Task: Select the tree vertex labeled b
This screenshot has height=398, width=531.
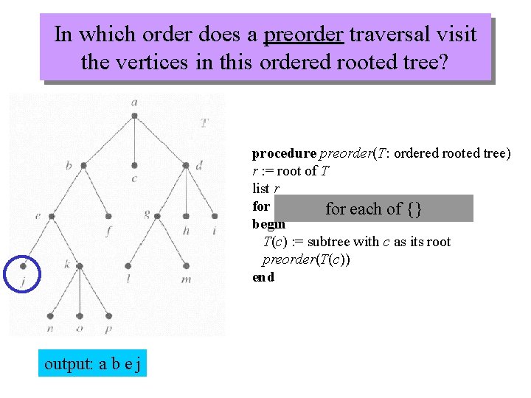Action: coord(83,166)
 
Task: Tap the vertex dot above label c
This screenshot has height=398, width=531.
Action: coord(134,165)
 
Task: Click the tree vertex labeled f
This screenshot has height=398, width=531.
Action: coord(108,216)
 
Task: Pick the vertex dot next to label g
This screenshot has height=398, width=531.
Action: coord(160,216)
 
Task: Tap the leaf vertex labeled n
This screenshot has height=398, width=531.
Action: coord(51,315)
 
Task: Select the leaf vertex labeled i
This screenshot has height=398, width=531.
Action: coord(215,216)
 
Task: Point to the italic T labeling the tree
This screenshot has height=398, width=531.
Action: coord(204,122)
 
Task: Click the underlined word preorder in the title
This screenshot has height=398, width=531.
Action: coord(303,35)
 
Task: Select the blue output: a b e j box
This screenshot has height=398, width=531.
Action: coord(93,363)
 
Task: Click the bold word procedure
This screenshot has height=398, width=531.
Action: coord(284,153)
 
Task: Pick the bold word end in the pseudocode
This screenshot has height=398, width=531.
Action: coord(263,277)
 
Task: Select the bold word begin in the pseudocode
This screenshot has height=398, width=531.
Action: coord(268,224)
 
